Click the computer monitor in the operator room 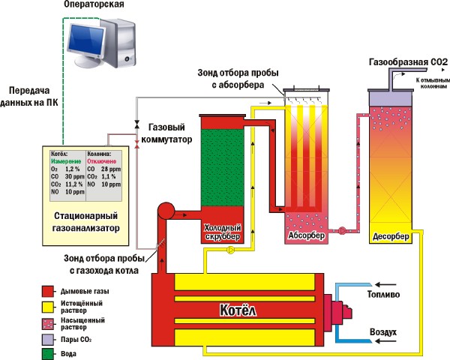88,37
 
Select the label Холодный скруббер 222,233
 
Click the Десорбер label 391,237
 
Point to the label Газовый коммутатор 170,133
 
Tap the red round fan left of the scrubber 165,209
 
